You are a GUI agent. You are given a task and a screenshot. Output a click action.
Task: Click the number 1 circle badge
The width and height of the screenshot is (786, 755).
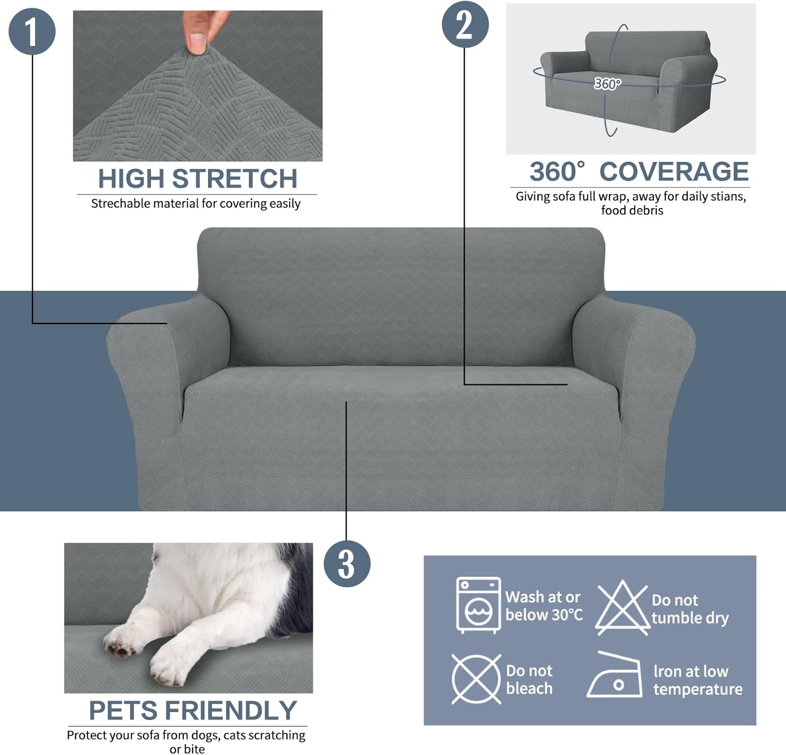[x=32, y=31]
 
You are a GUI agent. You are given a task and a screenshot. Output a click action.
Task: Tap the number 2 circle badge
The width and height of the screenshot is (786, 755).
[x=465, y=25]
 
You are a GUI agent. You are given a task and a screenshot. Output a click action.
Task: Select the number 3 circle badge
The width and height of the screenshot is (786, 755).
[x=347, y=564]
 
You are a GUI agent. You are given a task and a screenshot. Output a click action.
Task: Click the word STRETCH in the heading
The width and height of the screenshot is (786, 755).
[x=235, y=179]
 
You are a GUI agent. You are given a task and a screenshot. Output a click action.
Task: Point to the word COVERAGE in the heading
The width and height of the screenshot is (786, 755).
[x=674, y=172]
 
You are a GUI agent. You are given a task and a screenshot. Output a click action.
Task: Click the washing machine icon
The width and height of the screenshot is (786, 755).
[x=478, y=605]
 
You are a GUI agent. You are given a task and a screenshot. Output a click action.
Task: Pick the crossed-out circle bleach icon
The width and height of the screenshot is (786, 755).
[x=476, y=679]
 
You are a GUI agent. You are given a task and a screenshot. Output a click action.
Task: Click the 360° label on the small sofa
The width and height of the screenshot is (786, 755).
[x=607, y=84]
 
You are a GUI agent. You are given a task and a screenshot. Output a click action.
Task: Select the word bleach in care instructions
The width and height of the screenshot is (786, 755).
[x=529, y=688]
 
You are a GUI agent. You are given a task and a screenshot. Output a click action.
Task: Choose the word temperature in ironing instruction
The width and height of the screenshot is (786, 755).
[x=697, y=689]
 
